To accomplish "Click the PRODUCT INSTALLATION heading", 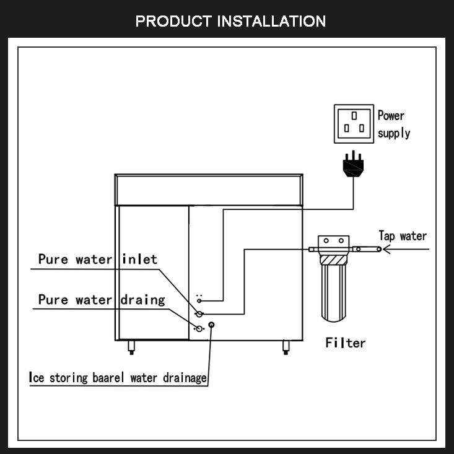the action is tap(230, 21).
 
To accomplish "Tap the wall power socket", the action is tap(354, 124).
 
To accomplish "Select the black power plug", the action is tap(353, 164).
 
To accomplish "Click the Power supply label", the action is tap(394, 124).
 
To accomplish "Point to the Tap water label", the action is tap(403, 236).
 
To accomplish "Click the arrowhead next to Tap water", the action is tap(387, 249).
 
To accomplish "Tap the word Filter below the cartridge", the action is tap(346, 343).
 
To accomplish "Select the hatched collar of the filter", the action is tap(334, 260).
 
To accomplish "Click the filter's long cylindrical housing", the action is tap(334, 293).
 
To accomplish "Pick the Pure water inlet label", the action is tap(98, 259).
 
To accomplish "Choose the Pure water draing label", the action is tap(102, 300).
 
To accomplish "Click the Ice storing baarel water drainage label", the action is tap(118, 378).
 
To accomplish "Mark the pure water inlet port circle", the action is tap(199, 313).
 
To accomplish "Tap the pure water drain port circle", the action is tap(199, 329).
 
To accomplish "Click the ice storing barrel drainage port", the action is tap(212, 325).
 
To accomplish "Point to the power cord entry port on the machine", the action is tap(199, 301).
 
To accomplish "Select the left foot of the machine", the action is tap(131, 347).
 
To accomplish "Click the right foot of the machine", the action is tap(286, 347).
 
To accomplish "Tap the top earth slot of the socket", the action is tap(354, 116).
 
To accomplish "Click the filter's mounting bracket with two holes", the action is tap(334, 241).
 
